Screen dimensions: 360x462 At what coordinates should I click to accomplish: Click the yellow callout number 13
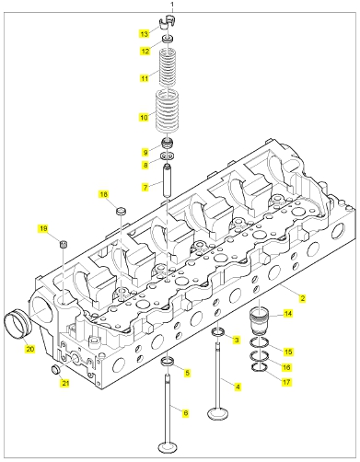click(x=145, y=34)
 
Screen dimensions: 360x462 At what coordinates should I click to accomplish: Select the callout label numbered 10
click(x=144, y=117)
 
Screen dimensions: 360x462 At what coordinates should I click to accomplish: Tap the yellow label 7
click(x=145, y=187)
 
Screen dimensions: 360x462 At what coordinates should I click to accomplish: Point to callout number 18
click(x=104, y=194)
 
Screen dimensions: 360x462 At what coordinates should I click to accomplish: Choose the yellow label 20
click(x=30, y=349)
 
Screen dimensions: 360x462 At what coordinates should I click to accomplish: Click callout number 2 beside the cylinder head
click(x=302, y=298)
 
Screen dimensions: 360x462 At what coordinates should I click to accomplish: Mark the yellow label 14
click(x=288, y=314)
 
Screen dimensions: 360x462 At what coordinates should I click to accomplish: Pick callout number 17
click(x=286, y=382)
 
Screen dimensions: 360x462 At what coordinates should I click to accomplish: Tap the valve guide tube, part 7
click(x=168, y=181)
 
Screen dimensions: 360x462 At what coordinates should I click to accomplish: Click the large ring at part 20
click(x=17, y=325)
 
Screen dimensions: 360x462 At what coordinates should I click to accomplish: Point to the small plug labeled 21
click(x=55, y=370)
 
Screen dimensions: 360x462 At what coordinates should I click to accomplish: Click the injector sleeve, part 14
click(x=260, y=321)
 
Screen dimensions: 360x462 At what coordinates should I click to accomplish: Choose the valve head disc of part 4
click(x=218, y=414)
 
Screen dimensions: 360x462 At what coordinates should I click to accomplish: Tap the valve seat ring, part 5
click(x=168, y=362)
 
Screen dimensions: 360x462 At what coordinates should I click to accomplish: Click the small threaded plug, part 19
click(x=64, y=244)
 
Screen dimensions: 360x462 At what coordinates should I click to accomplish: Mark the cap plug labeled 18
click(x=122, y=211)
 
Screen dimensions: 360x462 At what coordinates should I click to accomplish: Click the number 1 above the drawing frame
click(x=172, y=5)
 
